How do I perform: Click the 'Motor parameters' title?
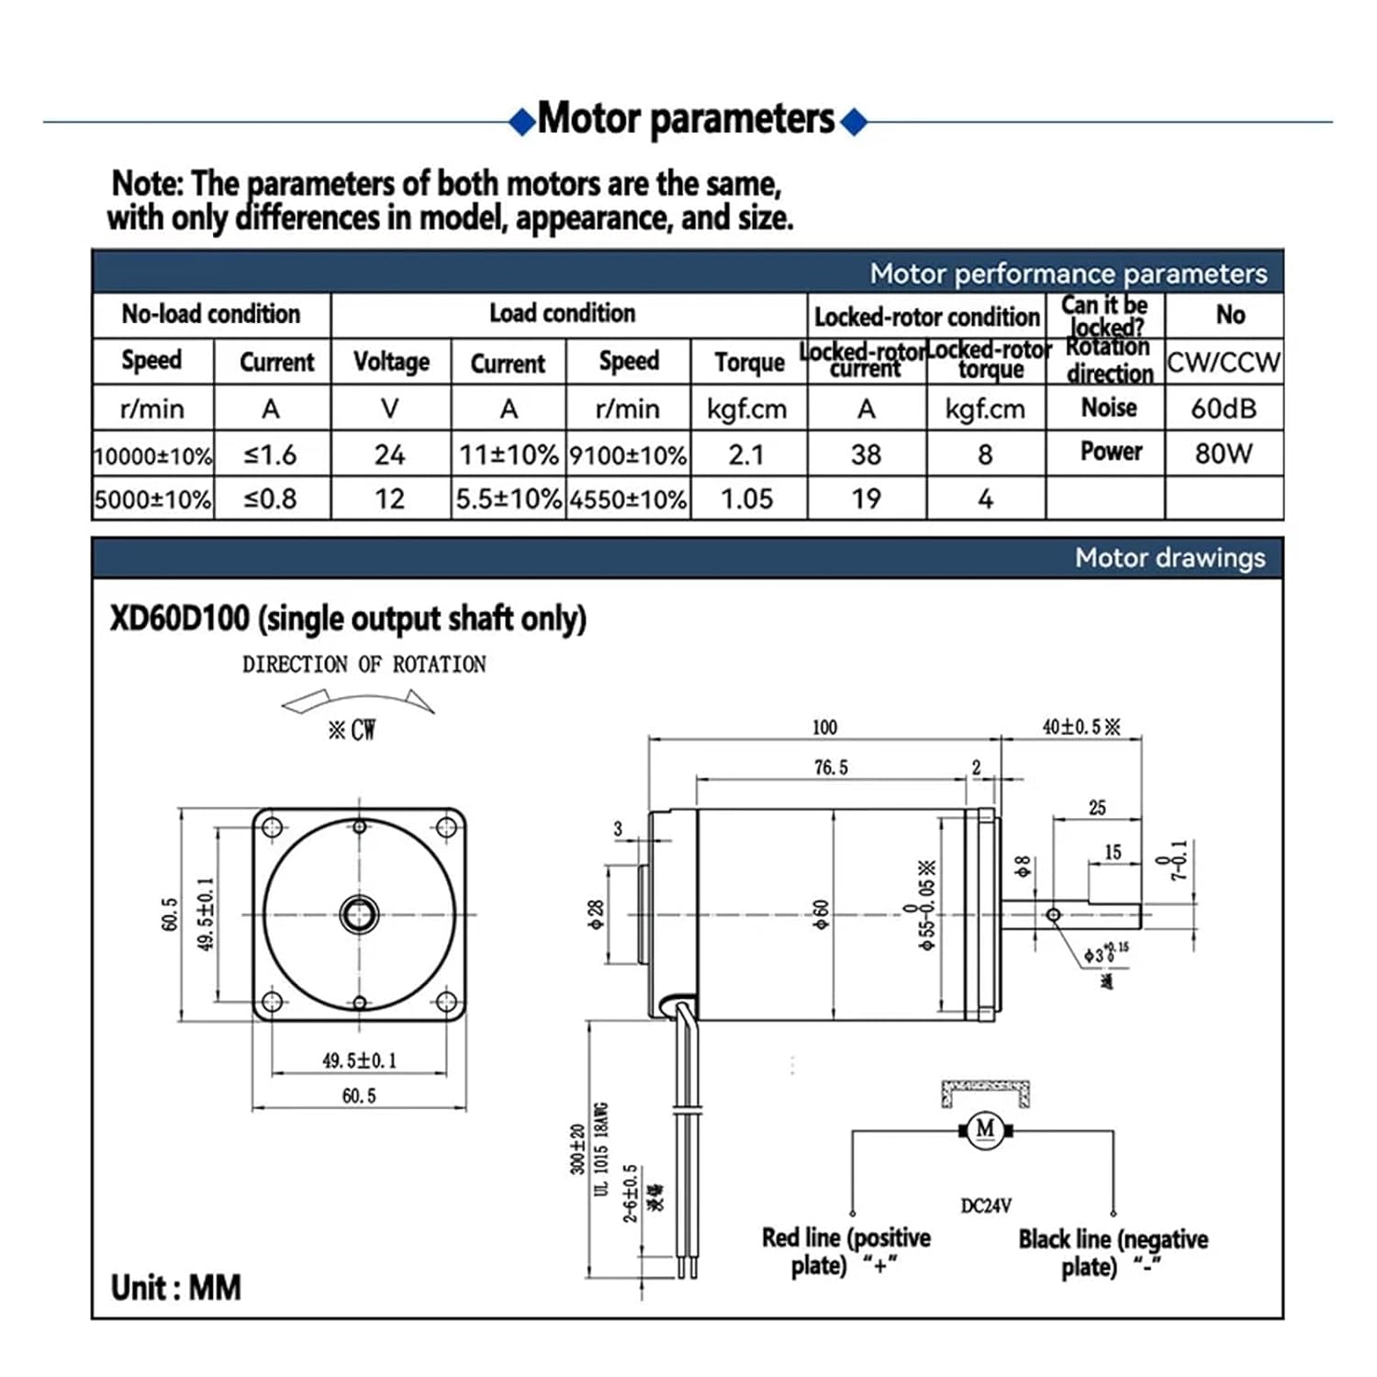[687, 119]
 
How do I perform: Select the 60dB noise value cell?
[1223, 409]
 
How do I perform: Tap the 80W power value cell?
[1223, 453]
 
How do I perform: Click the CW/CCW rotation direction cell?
[1223, 363]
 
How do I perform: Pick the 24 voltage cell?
[389, 454]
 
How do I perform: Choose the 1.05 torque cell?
[746, 498]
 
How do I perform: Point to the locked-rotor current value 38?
[866, 454]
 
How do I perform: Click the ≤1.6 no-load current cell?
[270, 454]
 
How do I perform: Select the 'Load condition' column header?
[562, 313]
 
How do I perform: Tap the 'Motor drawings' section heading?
[1170, 558]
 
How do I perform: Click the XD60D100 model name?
[180, 619]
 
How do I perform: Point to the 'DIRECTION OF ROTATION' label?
[364, 665]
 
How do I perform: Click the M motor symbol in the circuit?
[985, 1128]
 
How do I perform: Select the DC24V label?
[986, 1205]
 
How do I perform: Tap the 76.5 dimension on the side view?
[831, 767]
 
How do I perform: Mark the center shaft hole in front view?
[359, 914]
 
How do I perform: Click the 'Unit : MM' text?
[176, 1287]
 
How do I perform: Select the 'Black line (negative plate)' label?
[1113, 1253]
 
